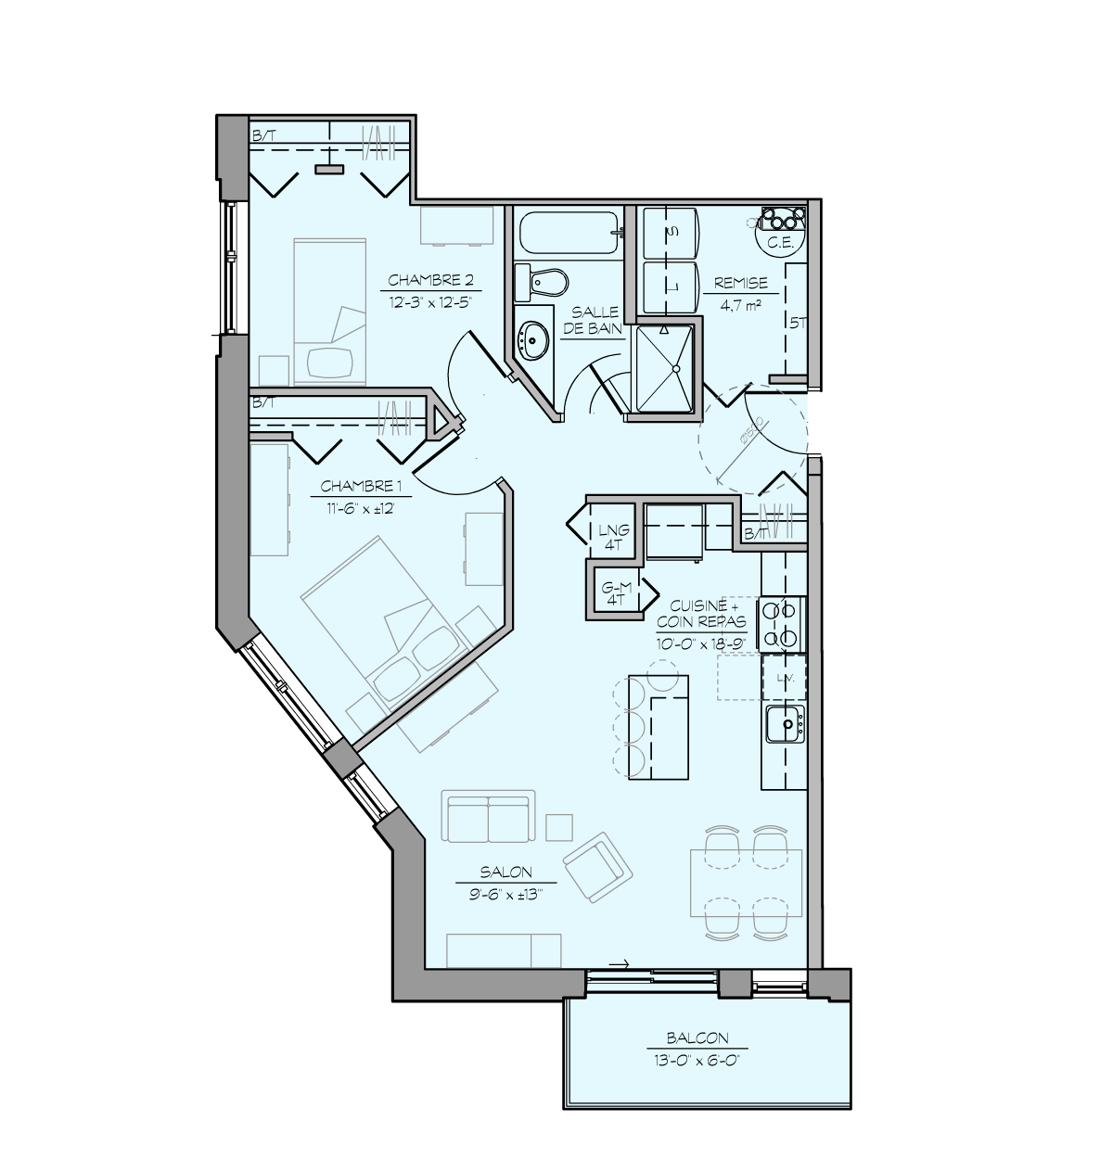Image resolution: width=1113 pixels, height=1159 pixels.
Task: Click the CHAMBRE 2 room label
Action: click(431, 280)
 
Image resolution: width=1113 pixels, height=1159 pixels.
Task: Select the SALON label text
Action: click(505, 872)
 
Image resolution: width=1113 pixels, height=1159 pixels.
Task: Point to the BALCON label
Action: click(697, 1038)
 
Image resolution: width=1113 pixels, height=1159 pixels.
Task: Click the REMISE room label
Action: click(741, 283)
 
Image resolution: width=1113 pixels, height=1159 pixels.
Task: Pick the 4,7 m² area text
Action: click(740, 302)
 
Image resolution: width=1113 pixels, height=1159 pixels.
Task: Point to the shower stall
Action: click(663, 370)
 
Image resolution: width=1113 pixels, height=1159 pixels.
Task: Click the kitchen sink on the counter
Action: click(785, 724)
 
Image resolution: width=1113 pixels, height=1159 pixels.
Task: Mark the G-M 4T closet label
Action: click(616, 593)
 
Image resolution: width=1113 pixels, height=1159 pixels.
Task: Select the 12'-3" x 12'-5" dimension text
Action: click(431, 300)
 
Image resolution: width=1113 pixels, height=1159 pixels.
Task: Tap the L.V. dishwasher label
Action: click(784, 679)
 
